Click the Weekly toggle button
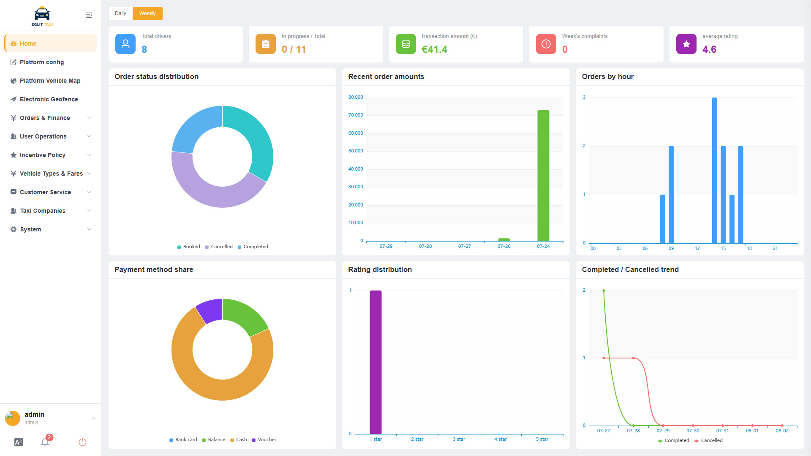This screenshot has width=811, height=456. pyautogui.click(x=147, y=14)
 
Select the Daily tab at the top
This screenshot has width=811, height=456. pyautogui.click(x=120, y=14)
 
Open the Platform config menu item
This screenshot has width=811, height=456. pyautogui.click(x=42, y=62)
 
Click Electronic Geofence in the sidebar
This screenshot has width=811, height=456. pyautogui.click(x=49, y=99)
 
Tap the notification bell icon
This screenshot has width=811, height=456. pyautogui.click(x=45, y=442)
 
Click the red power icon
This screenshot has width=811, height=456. pyautogui.click(x=82, y=442)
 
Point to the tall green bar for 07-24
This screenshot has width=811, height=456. pyautogui.click(x=543, y=176)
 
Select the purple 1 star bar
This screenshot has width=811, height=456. pyautogui.click(x=376, y=362)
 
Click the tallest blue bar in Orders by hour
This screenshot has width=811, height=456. pyautogui.click(x=714, y=171)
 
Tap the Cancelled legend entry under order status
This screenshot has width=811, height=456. pyautogui.click(x=219, y=247)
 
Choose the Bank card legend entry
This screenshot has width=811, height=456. pyautogui.click(x=183, y=440)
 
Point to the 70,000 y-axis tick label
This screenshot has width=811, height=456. pyautogui.click(x=356, y=115)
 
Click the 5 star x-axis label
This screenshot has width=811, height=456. pyautogui.click(x=542, y=440)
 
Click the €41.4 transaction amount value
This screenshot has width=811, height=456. pyautogui.click(x=434, y=49)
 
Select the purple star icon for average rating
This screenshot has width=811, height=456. pyautogui.click(x=686, y=44)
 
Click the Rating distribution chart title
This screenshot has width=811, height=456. pyautogui.click(x=380, y=270)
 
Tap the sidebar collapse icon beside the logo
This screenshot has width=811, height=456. pyautogui.click(x=89, y=15)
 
